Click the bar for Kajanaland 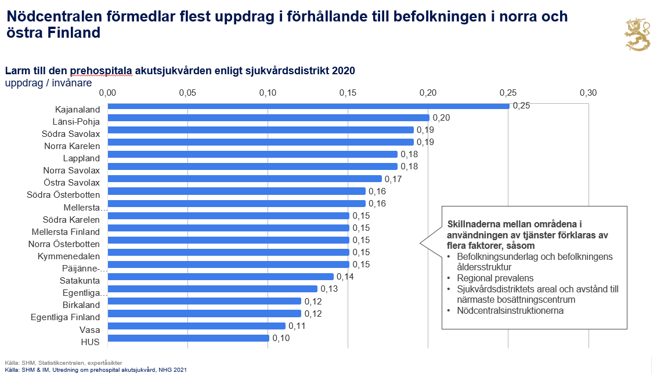point(308,106)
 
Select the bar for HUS point(188,338)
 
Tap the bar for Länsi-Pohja point(268,118)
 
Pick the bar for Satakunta point(221,277)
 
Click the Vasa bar point(196,326)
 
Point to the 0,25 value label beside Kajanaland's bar point(521,106)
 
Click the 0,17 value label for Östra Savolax point(393,179)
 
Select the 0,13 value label point(328,289)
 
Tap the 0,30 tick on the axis point(588,93)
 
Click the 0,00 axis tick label point(108,93)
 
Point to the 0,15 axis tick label point(348,93)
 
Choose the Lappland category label point(81,158)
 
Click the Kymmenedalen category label point(68,256)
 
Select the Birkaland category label point(81,304)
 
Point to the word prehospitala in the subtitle point(101,71)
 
